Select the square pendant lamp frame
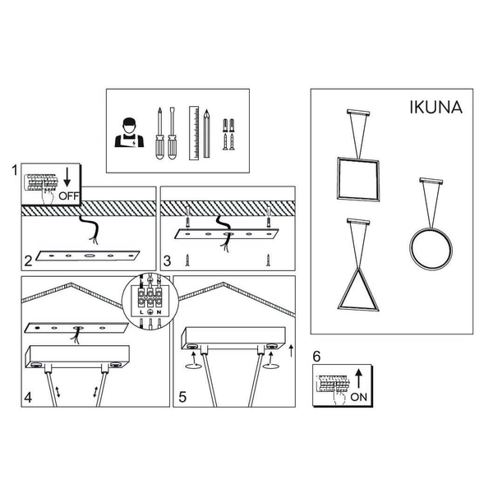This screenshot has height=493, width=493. coord(358,177)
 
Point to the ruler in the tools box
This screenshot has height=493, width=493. coord(193,131)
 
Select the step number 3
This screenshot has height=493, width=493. coord(167,262)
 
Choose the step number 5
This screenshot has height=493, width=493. coord(182,396)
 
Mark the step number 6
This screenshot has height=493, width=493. coord(317,357)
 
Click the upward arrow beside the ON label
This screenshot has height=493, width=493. coord(358,378)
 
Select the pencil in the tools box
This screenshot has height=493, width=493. coord(208,131)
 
